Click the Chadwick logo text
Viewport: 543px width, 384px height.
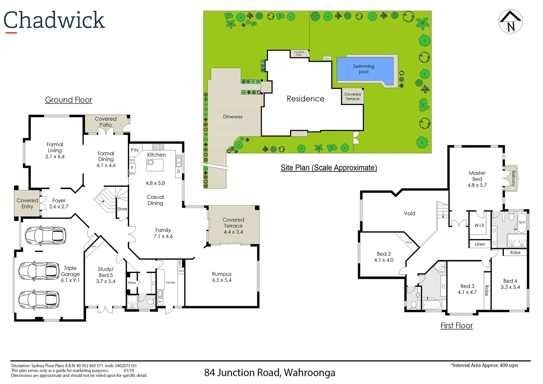pos(54,20)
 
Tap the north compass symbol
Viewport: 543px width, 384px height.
pos(510,21)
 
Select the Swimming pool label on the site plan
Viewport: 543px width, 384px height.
pos(363,69)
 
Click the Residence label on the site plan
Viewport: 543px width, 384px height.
pos(305,99)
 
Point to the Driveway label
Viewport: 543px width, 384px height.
pos(233,117)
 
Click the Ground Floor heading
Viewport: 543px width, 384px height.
pos(69,100)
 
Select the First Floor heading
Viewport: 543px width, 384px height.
pos(457,326)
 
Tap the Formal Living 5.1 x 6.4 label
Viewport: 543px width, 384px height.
pos(55,150)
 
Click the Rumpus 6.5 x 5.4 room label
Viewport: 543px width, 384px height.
pos(222,277)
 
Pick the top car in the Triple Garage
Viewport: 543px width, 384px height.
pos(45,236)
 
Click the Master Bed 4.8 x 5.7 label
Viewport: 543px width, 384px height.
pos(477,179)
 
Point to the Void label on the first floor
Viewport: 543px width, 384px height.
pos(409,213)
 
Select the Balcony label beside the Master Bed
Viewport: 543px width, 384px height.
pos(513,178)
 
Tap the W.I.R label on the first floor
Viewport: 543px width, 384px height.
pos(479,225)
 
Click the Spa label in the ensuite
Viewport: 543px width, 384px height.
pos(522,222)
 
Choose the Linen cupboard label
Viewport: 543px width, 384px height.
pos(480,244)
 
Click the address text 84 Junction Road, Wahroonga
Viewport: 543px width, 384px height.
pos(270,373)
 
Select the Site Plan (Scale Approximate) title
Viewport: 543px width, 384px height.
pos(329,168)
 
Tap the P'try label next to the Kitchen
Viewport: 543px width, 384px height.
pos(135,150)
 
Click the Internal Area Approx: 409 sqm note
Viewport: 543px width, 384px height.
pos(484,365)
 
